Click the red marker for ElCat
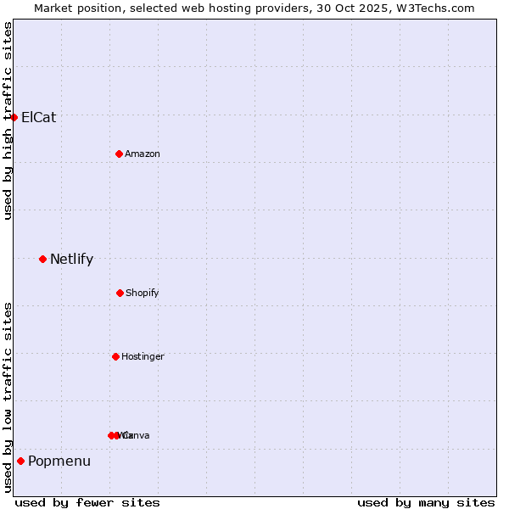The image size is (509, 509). click(x=14, y=117)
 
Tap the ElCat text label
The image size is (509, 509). click(x=38, y=117)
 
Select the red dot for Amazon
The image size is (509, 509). click(x=119, y=154)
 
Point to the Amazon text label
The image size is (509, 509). click(x=143, y=154)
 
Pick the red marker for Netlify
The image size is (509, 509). click(x=42, y=259)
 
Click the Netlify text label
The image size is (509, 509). click(x=71, y=260)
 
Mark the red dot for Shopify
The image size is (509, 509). click(x=120, y=293)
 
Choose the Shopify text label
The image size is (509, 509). click(x=143, y=293)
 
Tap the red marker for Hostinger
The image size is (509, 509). click(x=115, y=356)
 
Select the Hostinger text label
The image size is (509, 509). click(x=143, y=356)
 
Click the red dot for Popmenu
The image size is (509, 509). click(x=20, y=461)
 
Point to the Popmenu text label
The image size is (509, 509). click(x=59, y=461)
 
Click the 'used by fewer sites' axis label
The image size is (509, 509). click(x=87, y=502)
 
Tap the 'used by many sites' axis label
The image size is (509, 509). click(x=426, y=502)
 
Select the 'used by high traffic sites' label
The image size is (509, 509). click(x=8, y=120)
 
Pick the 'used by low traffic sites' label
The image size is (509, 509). click(x=8, y=397)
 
